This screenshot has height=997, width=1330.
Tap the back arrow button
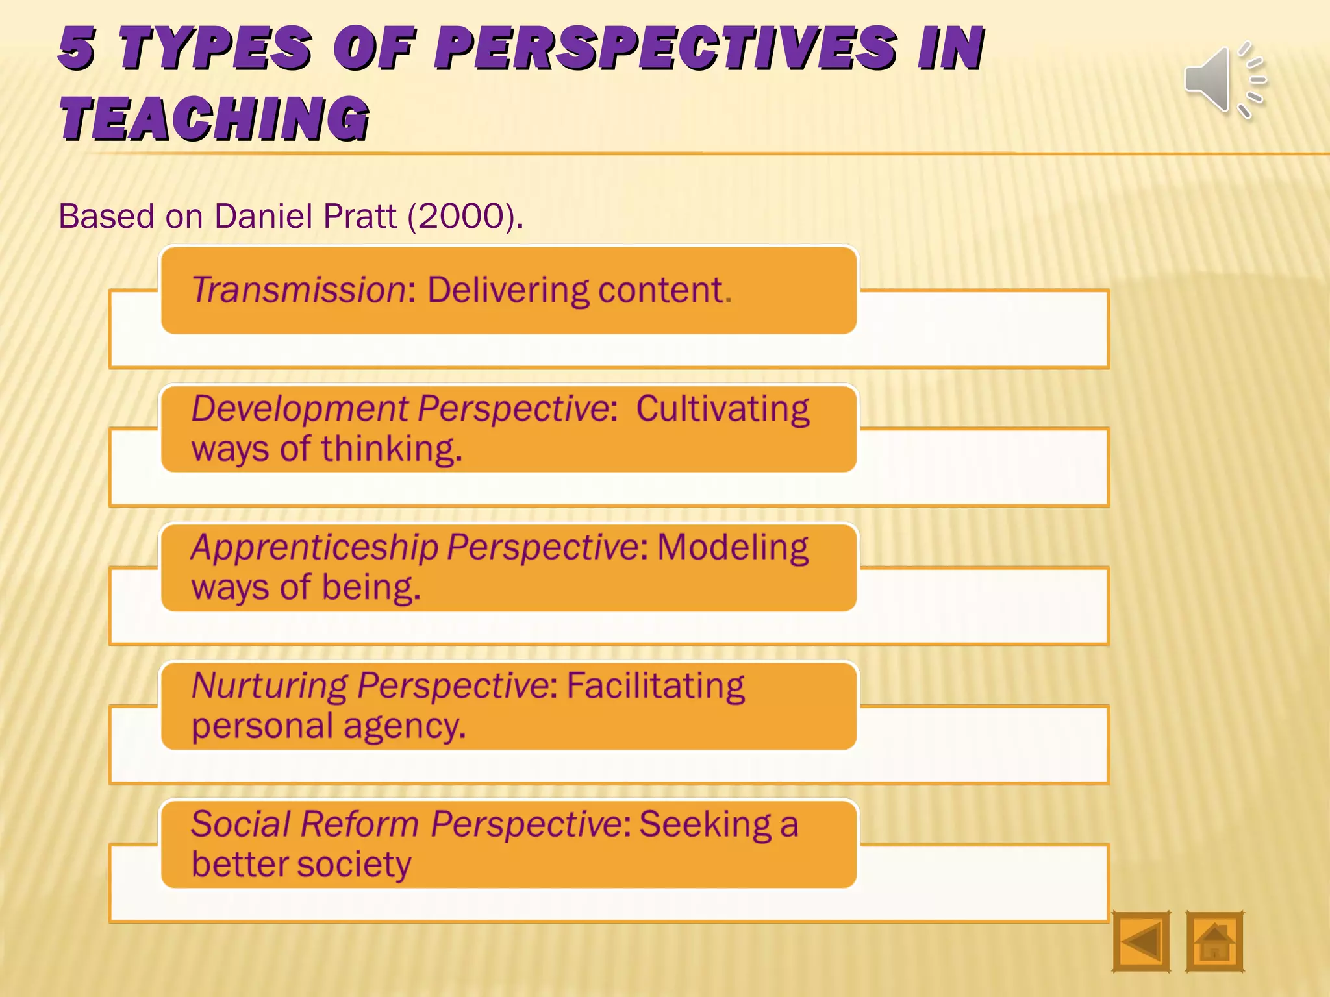[x=1141, y=941]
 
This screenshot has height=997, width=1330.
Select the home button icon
[x=1214, y=941]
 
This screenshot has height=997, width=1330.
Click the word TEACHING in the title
[x=215, y=118]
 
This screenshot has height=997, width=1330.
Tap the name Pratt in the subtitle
[x=359, y=216]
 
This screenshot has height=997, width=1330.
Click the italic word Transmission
[x=299, y=289]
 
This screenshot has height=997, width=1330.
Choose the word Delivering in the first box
[x=508, y=289]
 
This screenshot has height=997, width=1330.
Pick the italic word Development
[x=299, y=409]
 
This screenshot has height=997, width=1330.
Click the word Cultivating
[x=722, y=409]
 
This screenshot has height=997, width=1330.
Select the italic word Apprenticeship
[x=314, y=547]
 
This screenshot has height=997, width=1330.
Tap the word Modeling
[x=733, y=547]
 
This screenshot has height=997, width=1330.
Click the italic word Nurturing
[x=270, y=685]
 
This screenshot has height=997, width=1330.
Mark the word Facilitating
[x=655, y=685]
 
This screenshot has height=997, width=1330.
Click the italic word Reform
[x=359, y=824]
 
